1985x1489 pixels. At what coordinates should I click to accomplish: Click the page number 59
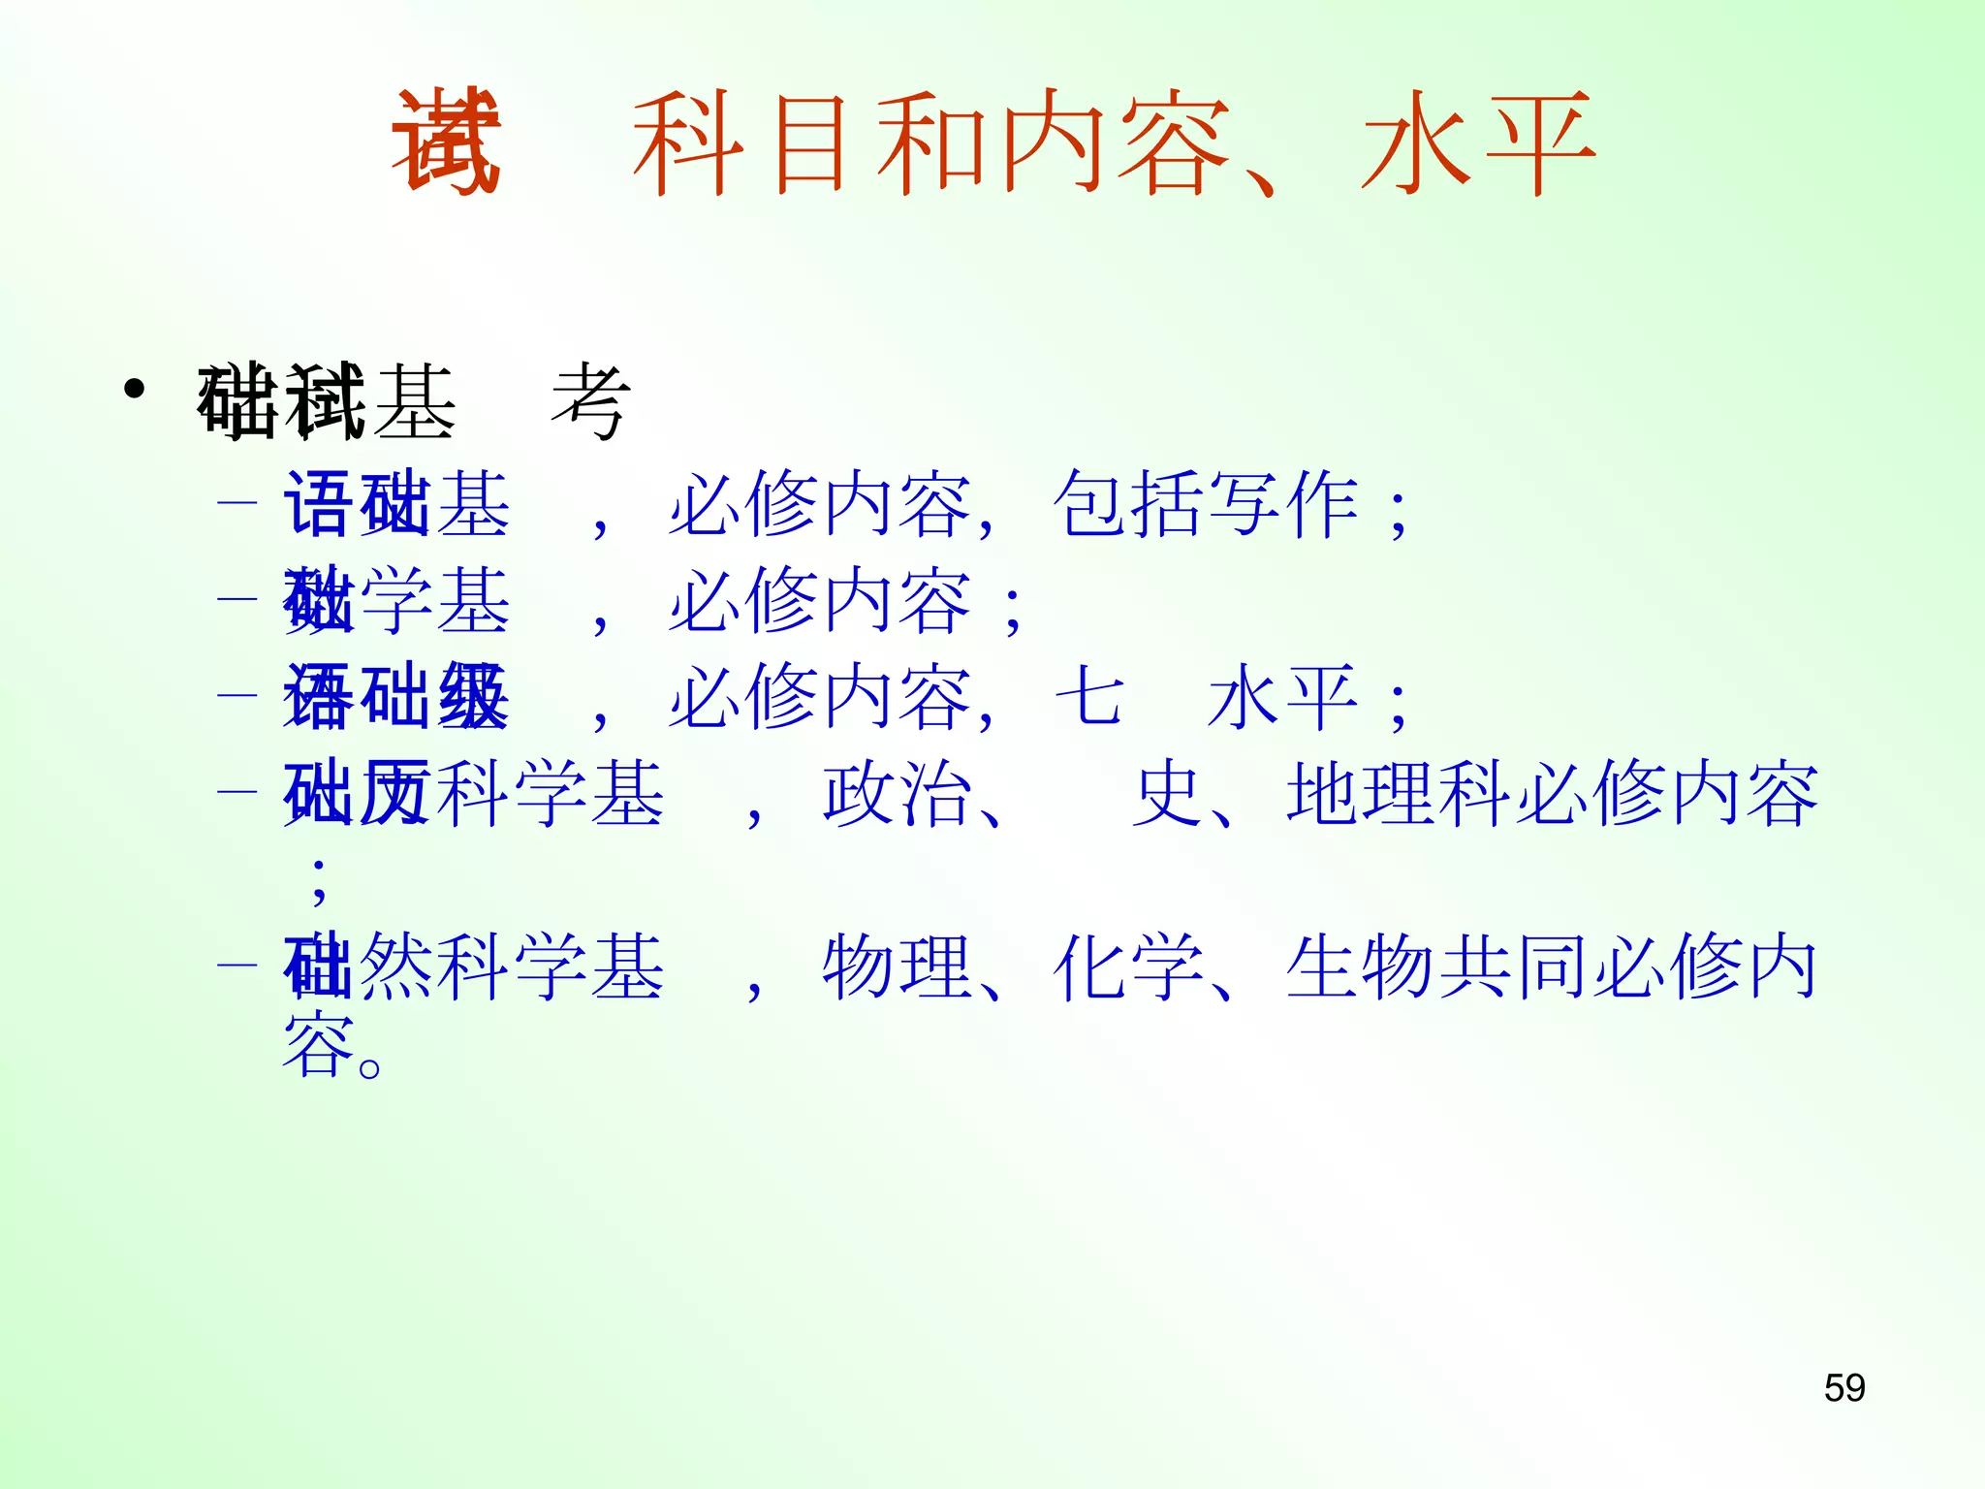(1843, 1388)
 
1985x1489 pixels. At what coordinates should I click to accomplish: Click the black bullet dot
(135, 390)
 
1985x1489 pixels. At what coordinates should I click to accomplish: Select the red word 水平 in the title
(1477, 143)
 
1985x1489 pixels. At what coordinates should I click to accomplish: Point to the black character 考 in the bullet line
(590, 401)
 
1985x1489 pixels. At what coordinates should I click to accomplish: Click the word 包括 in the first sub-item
(1128, 504)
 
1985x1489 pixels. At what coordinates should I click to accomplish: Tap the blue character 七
(1089, 696)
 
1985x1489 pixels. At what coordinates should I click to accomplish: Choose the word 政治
(898, 793)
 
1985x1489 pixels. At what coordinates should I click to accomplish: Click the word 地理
(1361, 793)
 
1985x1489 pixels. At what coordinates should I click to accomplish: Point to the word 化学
(1128, 966)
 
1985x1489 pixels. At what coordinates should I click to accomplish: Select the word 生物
(1361, 966)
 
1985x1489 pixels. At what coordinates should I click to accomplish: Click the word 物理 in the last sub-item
(898, 966)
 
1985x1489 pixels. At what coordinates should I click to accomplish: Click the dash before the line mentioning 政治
(237, 792)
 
